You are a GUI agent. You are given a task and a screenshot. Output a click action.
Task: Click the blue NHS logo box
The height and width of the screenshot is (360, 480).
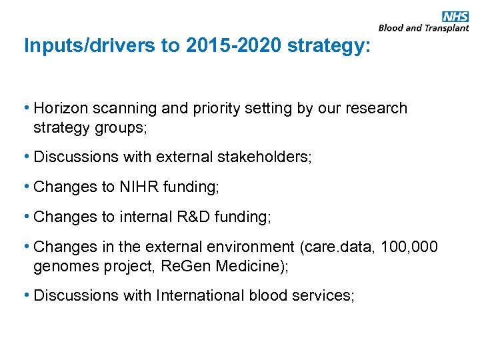click(x=456, y=17)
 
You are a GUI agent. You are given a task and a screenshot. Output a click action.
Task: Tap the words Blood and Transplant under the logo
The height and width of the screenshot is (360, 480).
click(x=424, y=28)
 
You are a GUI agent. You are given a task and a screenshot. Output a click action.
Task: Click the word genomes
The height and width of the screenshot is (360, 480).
click(x=64, y=265)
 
